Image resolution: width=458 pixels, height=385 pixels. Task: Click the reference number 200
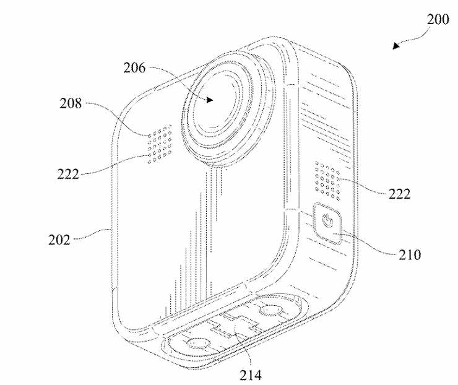438,20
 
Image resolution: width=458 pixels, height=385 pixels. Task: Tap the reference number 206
134,68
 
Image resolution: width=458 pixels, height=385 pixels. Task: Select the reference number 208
71,103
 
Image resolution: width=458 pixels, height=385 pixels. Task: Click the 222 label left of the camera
68,175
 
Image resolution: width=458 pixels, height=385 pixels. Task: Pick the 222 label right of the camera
399,194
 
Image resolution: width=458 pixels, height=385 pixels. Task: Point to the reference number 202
59,240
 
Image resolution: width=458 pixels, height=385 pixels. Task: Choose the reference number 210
410,255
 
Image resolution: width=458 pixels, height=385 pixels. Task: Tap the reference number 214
251,375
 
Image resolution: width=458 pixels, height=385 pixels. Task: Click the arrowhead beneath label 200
395,46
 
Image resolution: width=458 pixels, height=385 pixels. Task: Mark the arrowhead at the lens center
209,100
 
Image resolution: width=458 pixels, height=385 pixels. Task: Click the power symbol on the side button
327,220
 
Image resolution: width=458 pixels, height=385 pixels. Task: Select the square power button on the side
327,223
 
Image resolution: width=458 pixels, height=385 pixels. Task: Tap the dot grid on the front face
160,144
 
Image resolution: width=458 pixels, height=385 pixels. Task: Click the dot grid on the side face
327,181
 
